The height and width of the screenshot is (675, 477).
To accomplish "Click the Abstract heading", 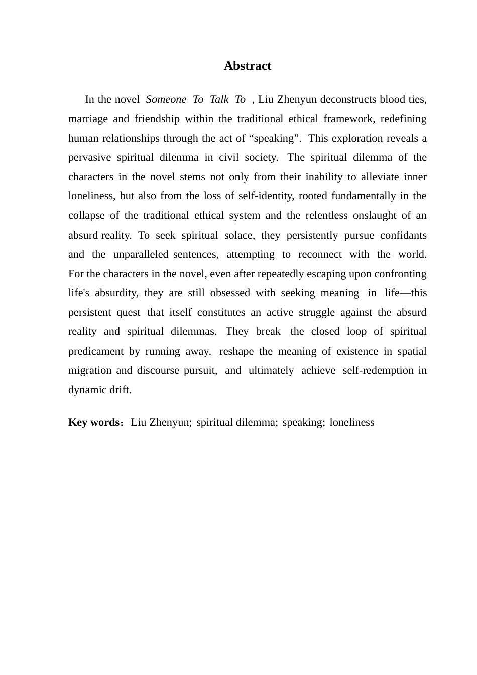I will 247,66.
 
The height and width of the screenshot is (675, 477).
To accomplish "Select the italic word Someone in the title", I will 166,99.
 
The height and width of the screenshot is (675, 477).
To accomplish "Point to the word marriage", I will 88,119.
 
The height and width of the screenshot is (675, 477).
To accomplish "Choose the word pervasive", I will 89,158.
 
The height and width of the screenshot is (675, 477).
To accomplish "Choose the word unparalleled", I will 141,255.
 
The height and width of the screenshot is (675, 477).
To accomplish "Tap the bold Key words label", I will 93,422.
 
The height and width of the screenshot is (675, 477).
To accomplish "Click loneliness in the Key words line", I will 352,422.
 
